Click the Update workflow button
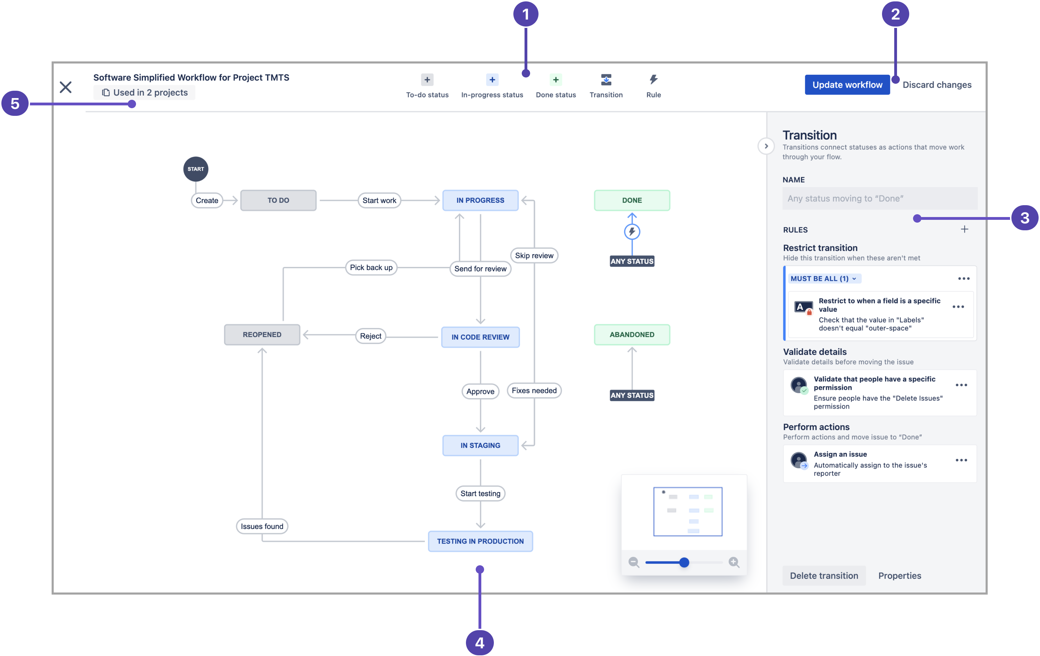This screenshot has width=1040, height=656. [x=846, y=85]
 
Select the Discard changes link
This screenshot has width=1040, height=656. [x=936, y=85]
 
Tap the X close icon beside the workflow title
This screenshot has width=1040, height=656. [x=66, y=87]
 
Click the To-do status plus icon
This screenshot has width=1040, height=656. [x=427, y=80]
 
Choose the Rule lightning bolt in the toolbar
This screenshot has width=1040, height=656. [x=653, y=80]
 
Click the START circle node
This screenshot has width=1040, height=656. [x=196, y=169]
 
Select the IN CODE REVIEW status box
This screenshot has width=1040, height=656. [x=480, y=337]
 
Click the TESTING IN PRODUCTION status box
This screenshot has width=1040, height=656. [x=480, y=541]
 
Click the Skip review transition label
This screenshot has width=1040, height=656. [x=534, y=255]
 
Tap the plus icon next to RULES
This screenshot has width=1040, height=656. [x=964, y=230]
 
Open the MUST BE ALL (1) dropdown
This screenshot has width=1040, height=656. [x=823, y=279]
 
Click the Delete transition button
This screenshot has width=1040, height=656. [x=824, y=576]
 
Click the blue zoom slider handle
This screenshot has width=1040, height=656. [x=684, y=562]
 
